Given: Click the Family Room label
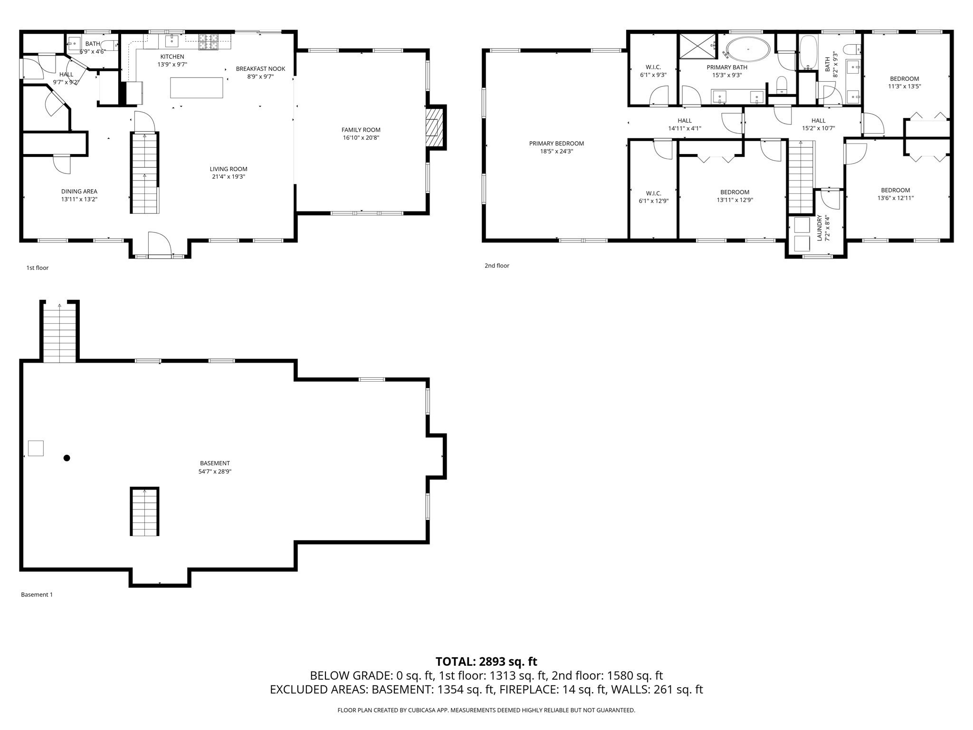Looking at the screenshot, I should pos(361,130).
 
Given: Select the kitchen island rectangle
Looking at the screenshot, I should pos(197,88).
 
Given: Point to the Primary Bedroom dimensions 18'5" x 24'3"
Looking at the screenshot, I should pos(556,151).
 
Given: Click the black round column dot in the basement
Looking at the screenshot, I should pos(67,458).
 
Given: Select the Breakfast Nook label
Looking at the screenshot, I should pos(260,69).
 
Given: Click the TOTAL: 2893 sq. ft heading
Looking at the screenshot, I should pos(486,662).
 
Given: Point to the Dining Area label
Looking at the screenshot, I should pos(79,192).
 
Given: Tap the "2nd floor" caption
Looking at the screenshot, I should pos(496,266).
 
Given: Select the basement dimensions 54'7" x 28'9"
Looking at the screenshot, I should pos(215,471).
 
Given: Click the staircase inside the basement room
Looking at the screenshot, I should pos(144,511).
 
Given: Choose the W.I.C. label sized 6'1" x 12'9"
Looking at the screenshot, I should pos(653,193).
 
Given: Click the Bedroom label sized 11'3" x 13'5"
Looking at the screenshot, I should pos(904,79).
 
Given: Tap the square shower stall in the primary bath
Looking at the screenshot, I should pos(697,46).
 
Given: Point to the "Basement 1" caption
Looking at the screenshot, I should pos(37,595).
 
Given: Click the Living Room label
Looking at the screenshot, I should pos(229,169).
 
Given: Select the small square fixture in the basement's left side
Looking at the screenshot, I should pos(36,448).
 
